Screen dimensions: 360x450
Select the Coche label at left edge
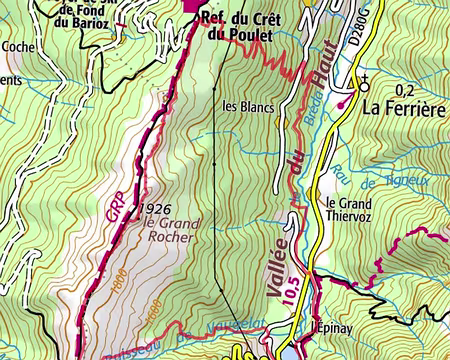point(17,46)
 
